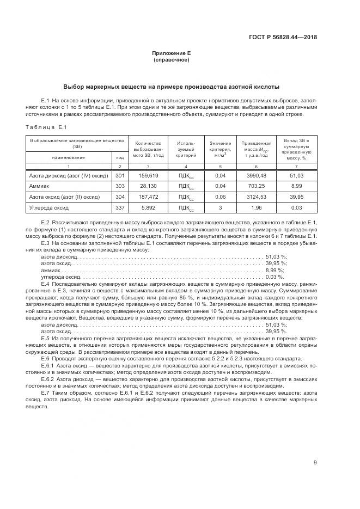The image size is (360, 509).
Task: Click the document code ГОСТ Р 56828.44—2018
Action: click(x=283, y=38)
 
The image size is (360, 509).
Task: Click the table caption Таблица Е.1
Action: click(x=46, y=127)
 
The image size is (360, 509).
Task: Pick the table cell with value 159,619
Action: click(x=149, y=176)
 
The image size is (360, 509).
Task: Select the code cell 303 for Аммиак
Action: click(x=120, y=186)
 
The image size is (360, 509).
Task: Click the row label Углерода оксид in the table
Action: click(x=50, y=207)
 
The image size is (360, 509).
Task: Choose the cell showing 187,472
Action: click(x=149, y=197)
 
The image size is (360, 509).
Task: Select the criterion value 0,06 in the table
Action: click(x=220, y=197)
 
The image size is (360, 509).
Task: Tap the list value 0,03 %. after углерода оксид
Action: click(x=274, y=277)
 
